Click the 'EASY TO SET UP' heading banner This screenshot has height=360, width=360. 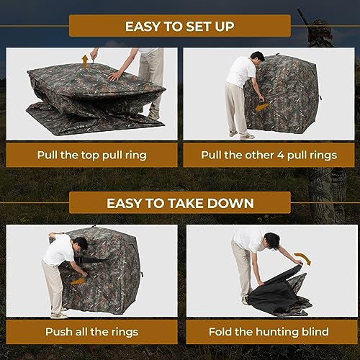coord(179,26)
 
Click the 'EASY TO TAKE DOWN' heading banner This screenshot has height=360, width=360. coord(179,203)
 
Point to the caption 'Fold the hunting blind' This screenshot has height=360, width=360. coord(269,332)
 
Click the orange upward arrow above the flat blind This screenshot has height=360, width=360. coord(85,60)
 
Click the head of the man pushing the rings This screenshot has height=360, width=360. coord(81,244)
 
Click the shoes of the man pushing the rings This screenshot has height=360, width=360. coord(59,314)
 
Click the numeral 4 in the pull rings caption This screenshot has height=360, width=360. coord(277,155)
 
